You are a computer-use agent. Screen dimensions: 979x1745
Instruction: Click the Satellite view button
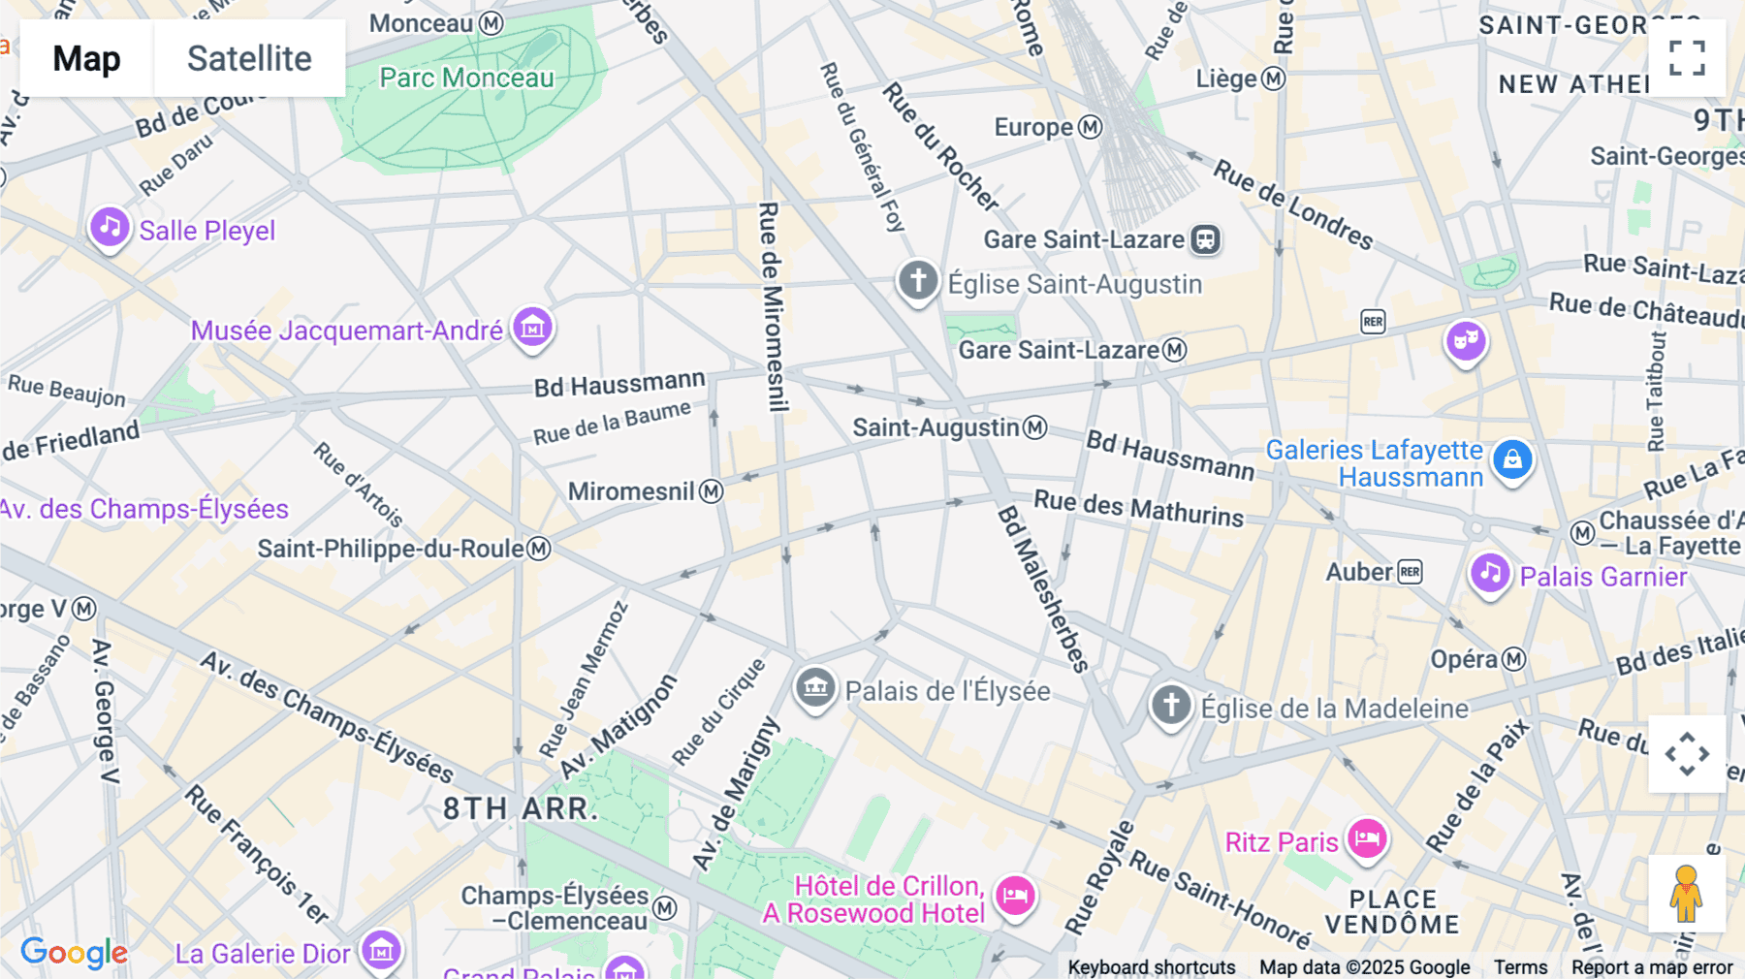tap(249, 58)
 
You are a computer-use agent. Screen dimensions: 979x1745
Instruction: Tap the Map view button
tap(86, 58)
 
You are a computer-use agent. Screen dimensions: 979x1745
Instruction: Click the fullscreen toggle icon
tap(1687, 58)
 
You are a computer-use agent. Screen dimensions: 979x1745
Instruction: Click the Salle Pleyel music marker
tap(110, 228)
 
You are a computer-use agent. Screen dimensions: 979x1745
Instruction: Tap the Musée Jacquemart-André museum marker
tap(532, 328)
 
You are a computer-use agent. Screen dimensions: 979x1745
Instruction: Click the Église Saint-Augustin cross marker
tap(917, 281)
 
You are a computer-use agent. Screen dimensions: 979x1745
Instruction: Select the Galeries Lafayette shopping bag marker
tap(1512, 459)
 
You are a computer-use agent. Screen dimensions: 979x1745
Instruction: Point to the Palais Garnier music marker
tap(1490, 574)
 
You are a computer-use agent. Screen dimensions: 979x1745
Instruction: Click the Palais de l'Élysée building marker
tap(815, 688)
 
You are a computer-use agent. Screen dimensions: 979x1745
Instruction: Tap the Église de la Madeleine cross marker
tap(1170, 705)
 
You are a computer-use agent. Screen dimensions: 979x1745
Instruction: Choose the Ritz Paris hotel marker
tap(1367, 838)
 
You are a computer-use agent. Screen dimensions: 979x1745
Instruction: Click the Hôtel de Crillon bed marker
tap(1015, 896)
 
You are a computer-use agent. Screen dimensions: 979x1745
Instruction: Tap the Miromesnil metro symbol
tap(712, 491)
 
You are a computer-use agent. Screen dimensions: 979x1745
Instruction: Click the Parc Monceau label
tap(466, 78)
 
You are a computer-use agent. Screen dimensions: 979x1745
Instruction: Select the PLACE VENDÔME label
tap(1392, 912)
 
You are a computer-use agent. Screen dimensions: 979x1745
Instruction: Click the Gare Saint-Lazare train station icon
tap(1205, 239)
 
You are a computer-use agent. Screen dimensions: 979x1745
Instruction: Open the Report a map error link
tap(1652, 967)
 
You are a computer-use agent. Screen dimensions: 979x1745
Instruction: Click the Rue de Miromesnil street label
tap(770, 306)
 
